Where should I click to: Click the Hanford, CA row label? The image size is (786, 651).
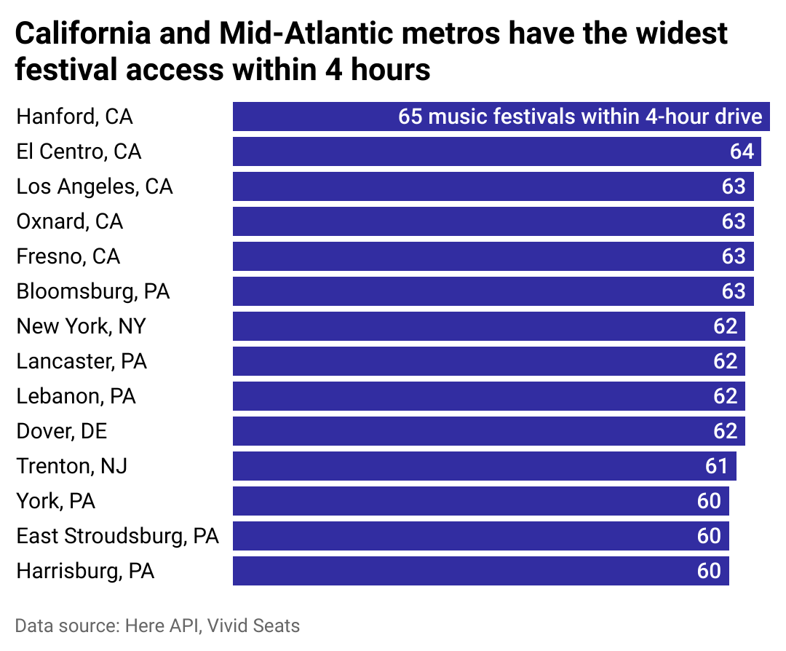click(74, 117)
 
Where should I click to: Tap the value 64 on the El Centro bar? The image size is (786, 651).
click(742, 151)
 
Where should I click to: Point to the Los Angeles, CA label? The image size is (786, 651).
click(95, 186)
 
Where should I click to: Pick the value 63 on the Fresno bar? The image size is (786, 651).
click(734, 256)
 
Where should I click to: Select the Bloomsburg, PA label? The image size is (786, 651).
click(93, 291)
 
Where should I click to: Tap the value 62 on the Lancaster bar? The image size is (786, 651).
click(725, 361)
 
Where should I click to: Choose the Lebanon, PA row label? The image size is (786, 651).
click(76, 396)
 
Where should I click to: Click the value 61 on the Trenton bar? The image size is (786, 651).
click(717, 466)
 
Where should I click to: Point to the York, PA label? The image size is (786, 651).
click(56, 501)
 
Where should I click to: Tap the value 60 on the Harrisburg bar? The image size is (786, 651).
click(709, 571)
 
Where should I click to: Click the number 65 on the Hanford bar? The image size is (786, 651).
click(410, 117)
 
